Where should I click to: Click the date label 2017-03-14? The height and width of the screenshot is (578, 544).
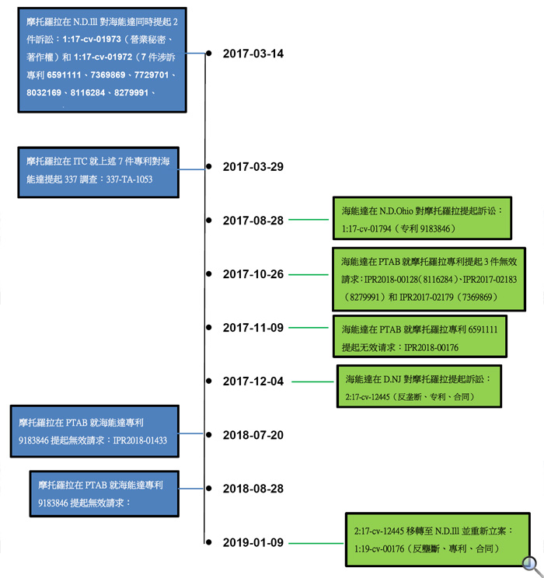click(253, 54)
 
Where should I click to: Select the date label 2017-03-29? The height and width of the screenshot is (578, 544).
click(253, 166)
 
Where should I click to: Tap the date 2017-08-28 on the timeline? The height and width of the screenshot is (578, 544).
click(253, 221)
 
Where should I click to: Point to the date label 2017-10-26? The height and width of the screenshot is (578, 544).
click(253, 274)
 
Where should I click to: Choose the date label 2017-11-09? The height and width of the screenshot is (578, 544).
click(253, 328)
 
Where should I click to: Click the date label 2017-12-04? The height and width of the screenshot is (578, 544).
click(253, 381)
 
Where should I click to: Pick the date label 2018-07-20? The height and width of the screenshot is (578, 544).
click(253, 435)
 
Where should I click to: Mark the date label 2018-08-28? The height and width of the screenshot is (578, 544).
click(253, 489)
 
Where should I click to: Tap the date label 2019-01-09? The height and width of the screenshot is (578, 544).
click(253, 542)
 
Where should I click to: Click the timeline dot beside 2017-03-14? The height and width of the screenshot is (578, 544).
click(209, 54)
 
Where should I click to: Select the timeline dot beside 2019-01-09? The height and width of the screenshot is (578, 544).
click(209, 542)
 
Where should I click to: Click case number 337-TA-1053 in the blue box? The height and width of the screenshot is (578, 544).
click(129, 179)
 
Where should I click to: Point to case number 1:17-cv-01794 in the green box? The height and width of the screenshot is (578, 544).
click(366, 229)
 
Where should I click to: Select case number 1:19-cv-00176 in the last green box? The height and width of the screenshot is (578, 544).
click(379, 549)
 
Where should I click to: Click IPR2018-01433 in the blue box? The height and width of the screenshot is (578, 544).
click(140, 440)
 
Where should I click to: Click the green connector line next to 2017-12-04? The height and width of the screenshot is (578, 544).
click(312, 381)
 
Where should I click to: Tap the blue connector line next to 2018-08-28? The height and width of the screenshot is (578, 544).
click(190, 489)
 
